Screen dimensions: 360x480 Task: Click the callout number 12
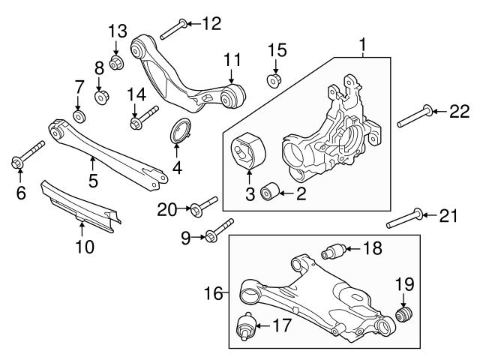[x=212, y=23]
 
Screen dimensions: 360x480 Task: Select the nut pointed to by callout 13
[x=117, y=61]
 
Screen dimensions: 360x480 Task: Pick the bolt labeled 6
[x=26, y=157]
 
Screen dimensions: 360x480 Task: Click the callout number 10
[x=85, y=246]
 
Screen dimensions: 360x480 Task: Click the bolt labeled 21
[x=406, y=220]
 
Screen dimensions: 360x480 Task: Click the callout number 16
[x=213, y=292]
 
